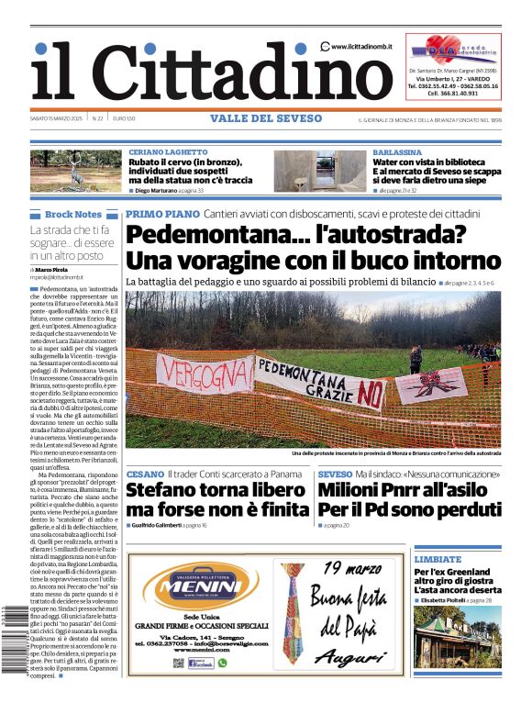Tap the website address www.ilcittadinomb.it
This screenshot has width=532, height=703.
[361, 46]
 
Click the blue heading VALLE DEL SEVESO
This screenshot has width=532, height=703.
[266, 118]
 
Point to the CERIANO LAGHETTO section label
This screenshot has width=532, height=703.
[168, 151]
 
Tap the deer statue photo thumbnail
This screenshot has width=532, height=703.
[75, 171]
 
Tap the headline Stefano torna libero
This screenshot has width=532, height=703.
[215, 489]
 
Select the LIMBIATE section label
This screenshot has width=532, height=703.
[437, 559]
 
